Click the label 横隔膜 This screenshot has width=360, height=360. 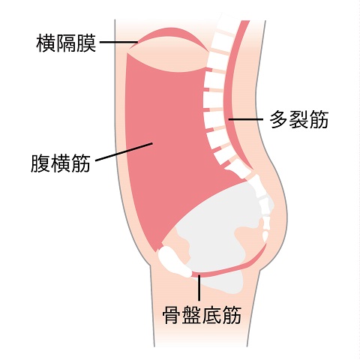point(66,43)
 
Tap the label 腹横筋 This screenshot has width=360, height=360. point(61,163)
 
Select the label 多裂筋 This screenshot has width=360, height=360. point(299,119)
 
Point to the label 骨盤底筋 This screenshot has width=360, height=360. point(202,315)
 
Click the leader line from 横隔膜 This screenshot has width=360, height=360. point(119,42)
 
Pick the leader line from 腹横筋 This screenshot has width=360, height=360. point(124,152)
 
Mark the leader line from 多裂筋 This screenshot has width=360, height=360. point(246,119)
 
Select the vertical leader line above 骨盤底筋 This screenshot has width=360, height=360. point(199,288)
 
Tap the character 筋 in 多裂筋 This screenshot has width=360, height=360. point(319,119)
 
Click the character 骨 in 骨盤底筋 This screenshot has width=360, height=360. point(172,315)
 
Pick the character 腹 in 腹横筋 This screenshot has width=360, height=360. point(40,163)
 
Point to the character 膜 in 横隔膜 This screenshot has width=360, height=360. point(86,43)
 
